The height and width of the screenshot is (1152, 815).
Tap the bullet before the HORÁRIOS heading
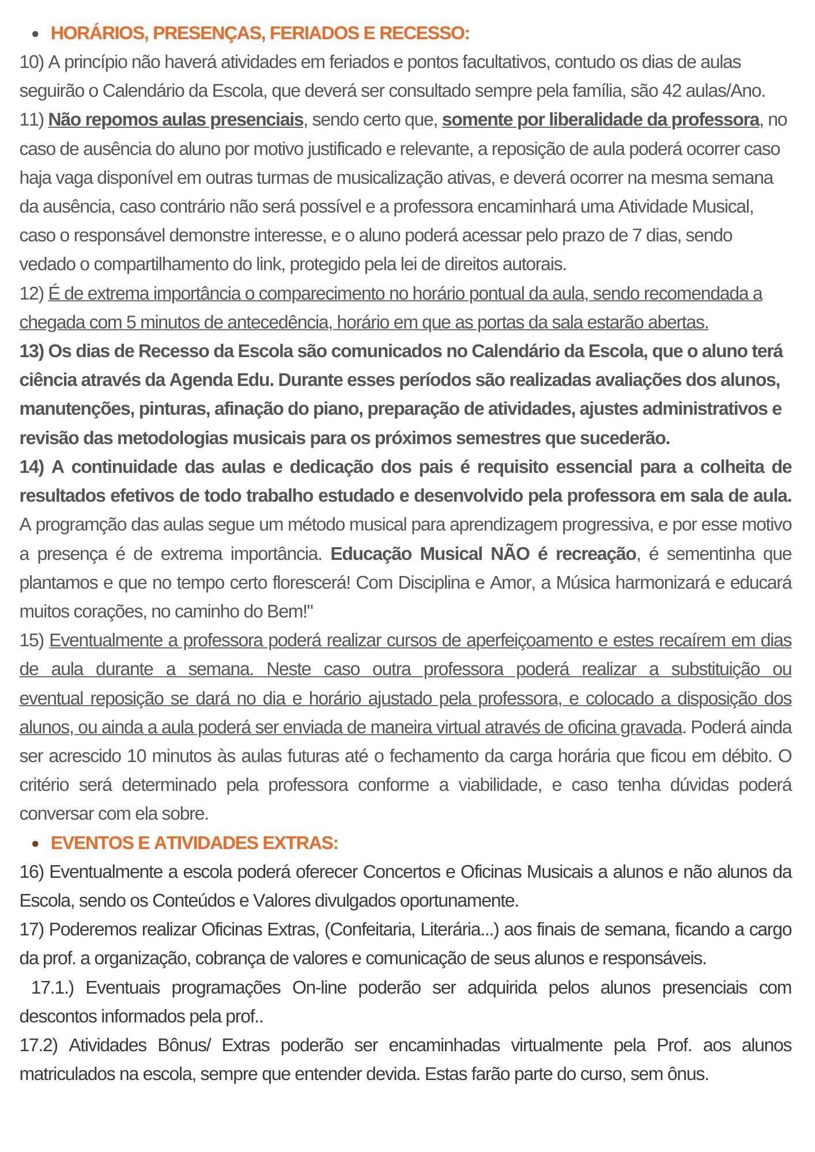click(x=36, y=35)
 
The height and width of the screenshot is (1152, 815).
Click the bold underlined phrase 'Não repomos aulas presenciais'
click(x=176, y=120)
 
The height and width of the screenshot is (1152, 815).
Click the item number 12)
click(x=32, y=294)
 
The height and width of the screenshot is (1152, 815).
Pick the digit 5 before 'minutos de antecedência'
click(x=131, y=323)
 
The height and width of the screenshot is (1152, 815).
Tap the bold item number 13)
click(x=32, y=351)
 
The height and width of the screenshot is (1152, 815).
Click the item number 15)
click(x=32, y=641)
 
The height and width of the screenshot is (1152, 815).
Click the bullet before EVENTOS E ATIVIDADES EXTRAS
click(x=36, y=844)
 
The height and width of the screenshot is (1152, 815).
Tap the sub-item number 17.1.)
click(x=52, y=988)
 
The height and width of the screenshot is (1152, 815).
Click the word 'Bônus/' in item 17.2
click(x=184, y=1045)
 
